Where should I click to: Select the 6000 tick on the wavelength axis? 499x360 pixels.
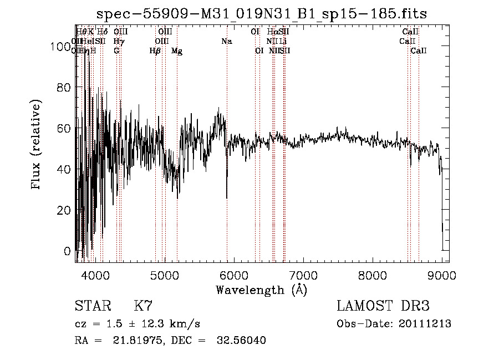(x=233, y=274)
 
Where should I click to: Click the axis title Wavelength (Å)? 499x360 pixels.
(x=262, y=290)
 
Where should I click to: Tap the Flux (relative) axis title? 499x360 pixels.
(x=37, y=145)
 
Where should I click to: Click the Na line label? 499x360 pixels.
(x=226, y=42)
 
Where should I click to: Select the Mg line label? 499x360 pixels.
(x=177, y=51)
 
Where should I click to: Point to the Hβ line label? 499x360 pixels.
(x=155, y=51)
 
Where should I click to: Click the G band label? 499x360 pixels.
(x=116, y=51)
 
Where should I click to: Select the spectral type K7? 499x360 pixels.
(x=143, y=306)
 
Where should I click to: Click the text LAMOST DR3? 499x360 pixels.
(x=383, y=306)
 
